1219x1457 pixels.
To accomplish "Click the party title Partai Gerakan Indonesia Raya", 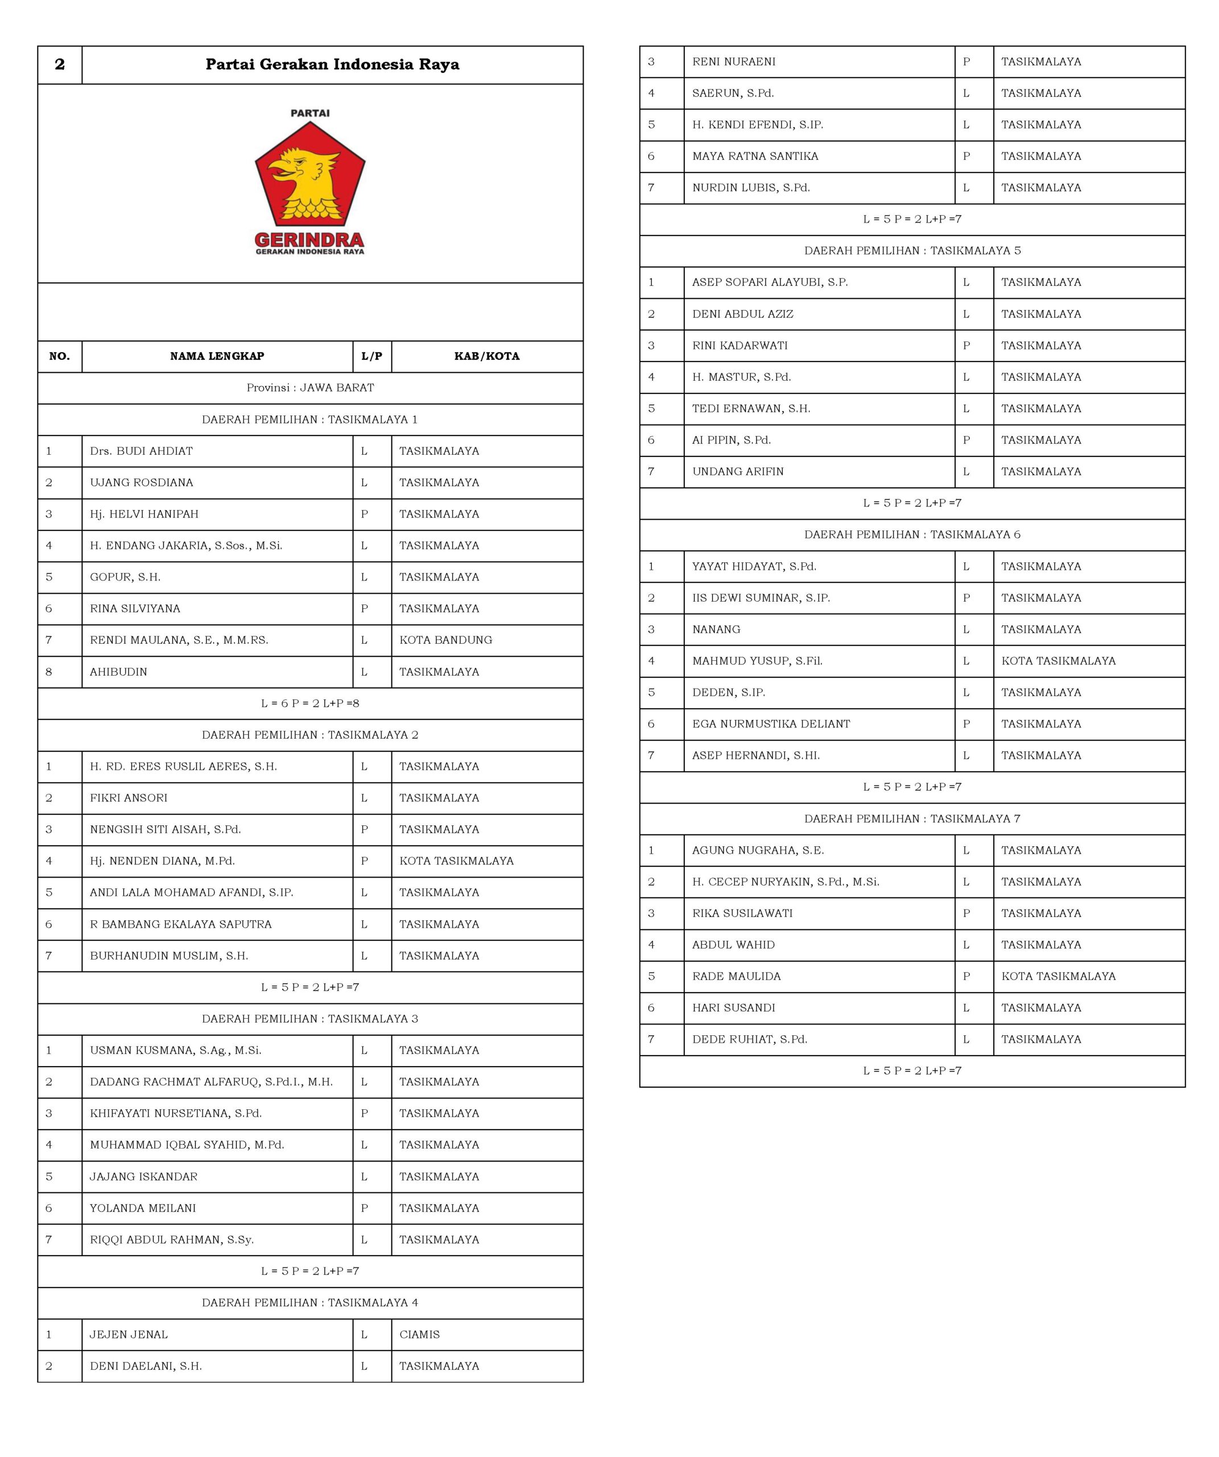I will pyautogui.click(x=332, y=64).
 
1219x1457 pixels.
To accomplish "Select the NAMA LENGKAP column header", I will pyautogui.click(x=217, y=356).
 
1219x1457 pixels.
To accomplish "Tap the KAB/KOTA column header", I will pyautogui.click(x=487, y=356).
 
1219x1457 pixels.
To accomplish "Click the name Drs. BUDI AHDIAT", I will pyautogui.click(x=142, y=451).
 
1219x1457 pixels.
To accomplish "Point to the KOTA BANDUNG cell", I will pyautogui.click(x=446, y=640).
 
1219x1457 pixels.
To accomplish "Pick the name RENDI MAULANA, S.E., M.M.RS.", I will pyautogui.click(x=179, y=640).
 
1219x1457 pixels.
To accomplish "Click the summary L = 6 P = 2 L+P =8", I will pyautogui.click(x=310, y=703).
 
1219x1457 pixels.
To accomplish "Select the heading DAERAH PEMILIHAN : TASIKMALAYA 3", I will pyautogui.click(x=310, y=1019).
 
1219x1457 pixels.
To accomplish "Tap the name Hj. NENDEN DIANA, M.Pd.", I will pyautogui.click(x=162, y=861).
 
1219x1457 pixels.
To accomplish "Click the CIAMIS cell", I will pyautogui.click(x=419, y=1334).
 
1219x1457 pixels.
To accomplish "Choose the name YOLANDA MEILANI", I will pyautogui.click(x=143, y=1208).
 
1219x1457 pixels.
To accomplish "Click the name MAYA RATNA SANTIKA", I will pyautogui.click(x=755, y=156).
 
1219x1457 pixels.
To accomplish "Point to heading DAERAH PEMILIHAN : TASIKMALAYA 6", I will pyautogui.click(x=912, y=534).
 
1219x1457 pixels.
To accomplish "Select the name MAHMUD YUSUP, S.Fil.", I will pyautogui.click(x=757, y=661).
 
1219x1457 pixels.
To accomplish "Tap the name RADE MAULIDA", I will pyautogui.click(x=737, y=976).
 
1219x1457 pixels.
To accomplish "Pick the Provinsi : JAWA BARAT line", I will pyautogui.click(x=310, y=388).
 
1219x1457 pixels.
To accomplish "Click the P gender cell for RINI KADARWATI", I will pyautogui.click(x=966, y=345).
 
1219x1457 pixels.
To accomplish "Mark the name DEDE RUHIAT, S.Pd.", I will pyautogui.click(x=750, y=1039).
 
